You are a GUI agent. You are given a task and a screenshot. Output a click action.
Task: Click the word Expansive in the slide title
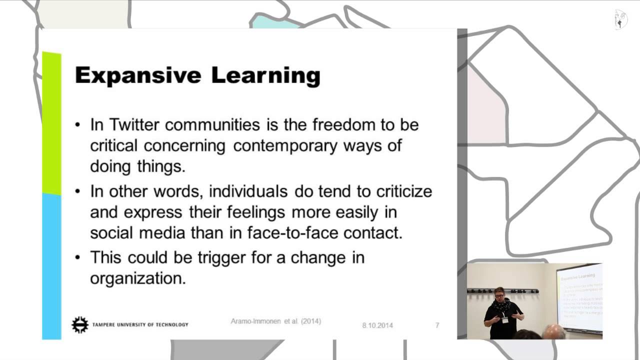138,75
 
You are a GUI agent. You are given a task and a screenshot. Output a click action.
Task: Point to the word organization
137,278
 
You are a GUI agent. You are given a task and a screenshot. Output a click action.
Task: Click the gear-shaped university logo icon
79,325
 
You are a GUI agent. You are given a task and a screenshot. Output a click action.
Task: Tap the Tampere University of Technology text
140,325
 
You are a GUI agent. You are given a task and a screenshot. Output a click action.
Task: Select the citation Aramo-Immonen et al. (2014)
276,321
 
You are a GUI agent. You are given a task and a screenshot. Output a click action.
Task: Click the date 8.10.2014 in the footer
377,325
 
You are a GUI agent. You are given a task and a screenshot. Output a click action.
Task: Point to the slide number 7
437,325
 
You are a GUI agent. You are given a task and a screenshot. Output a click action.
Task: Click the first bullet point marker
77,125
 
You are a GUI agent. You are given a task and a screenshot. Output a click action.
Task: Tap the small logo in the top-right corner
620,19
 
